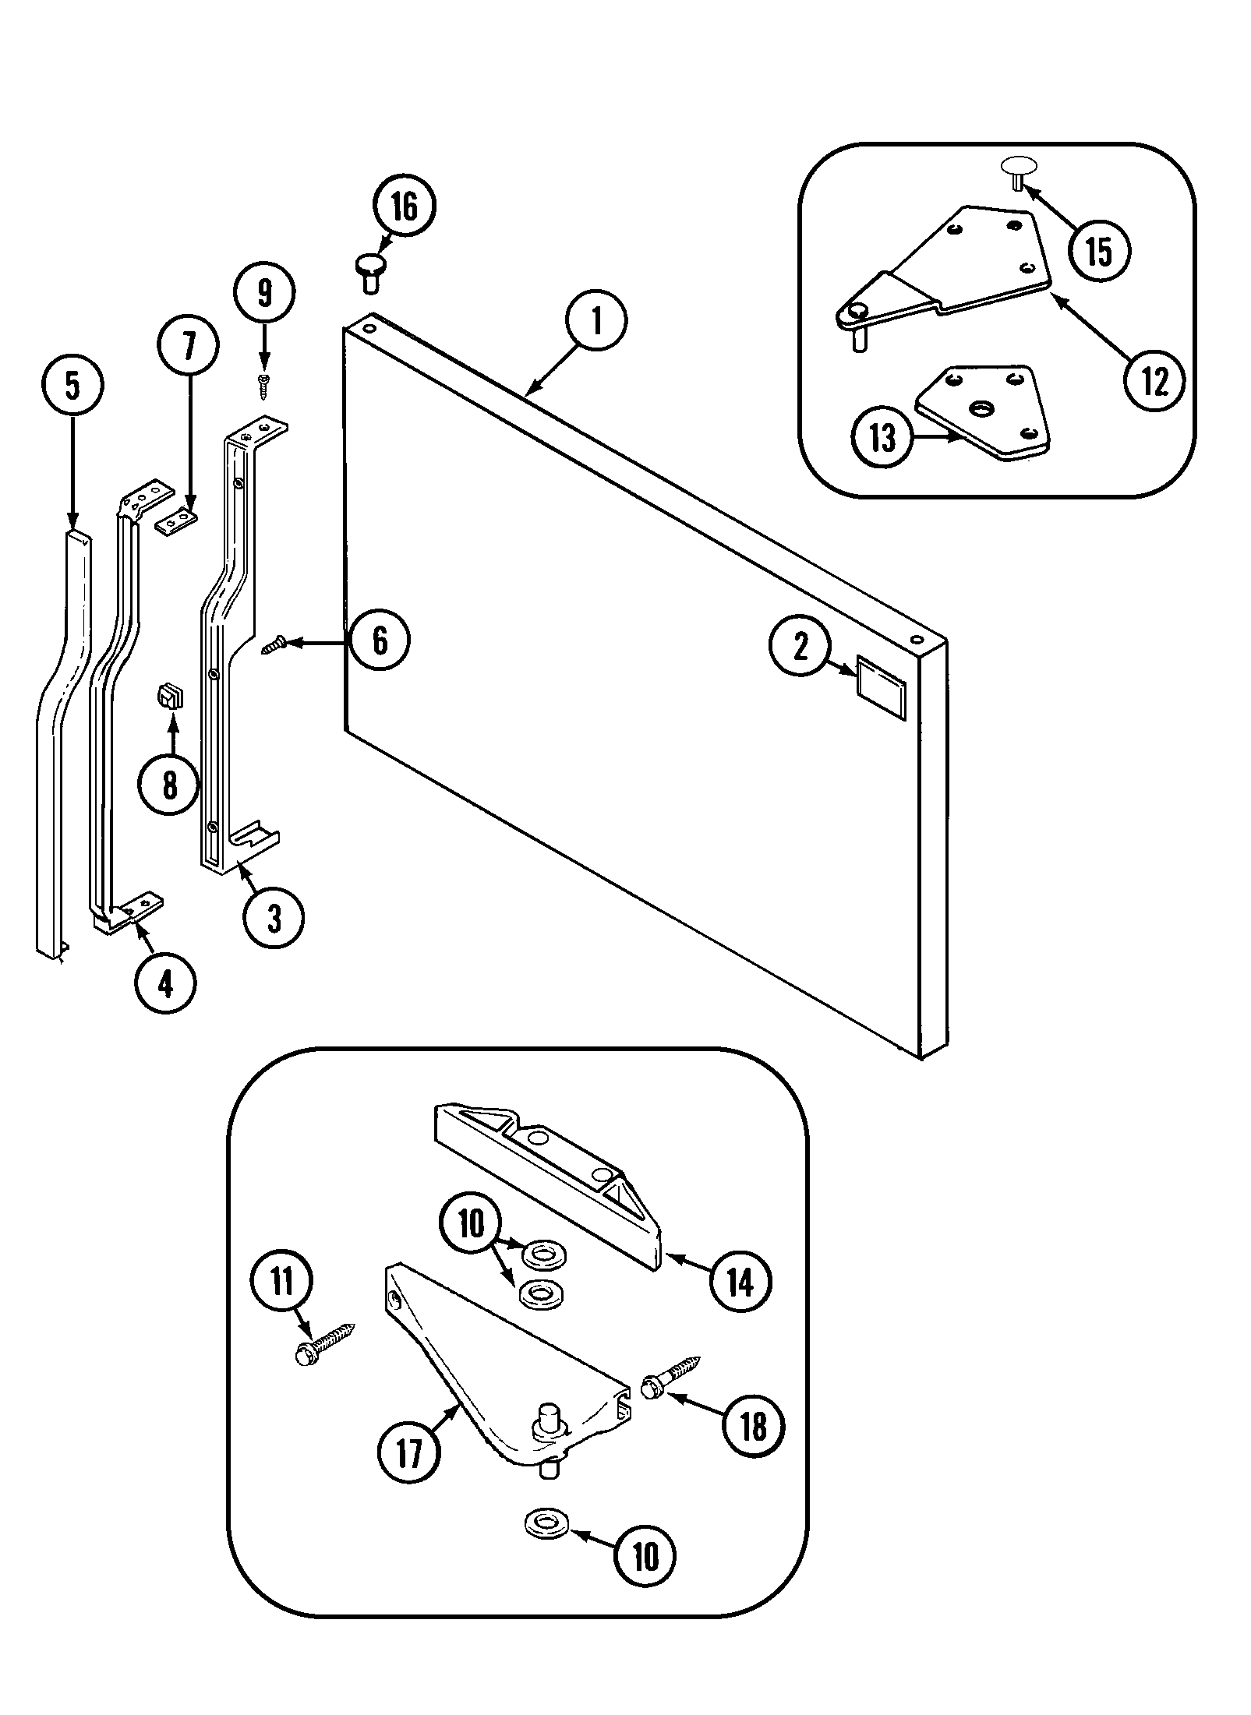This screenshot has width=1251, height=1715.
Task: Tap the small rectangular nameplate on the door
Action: (x=882, y=676)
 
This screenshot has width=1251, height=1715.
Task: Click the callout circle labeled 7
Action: (x=188, y=348)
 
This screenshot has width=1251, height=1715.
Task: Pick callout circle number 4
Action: (x=164, y=985)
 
